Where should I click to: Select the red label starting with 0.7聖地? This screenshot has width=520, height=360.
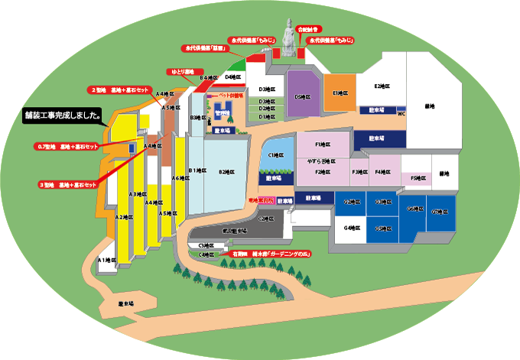68,146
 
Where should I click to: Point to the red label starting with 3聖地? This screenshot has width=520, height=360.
69,185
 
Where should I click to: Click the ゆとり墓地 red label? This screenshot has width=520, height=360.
181,71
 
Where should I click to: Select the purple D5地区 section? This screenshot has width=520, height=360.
303,96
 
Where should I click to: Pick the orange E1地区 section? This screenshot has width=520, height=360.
340,92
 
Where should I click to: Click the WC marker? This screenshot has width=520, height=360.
401,113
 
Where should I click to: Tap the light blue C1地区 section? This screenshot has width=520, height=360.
273,154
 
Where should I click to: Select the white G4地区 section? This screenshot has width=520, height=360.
350,227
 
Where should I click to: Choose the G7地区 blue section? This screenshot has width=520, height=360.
439,211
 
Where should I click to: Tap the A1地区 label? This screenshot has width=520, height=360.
106,261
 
